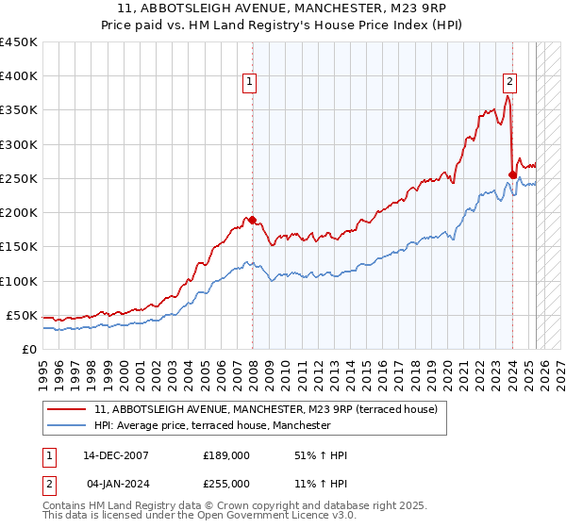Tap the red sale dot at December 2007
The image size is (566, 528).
point(252,220)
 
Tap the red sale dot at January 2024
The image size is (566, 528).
point(512,174)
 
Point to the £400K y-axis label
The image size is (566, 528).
point(19,76)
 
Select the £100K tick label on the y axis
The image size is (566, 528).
point(19,281)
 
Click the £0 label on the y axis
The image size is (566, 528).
point(28,349)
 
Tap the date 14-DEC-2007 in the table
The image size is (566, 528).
point(115,455)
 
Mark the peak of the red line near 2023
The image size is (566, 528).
point(508,95)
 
